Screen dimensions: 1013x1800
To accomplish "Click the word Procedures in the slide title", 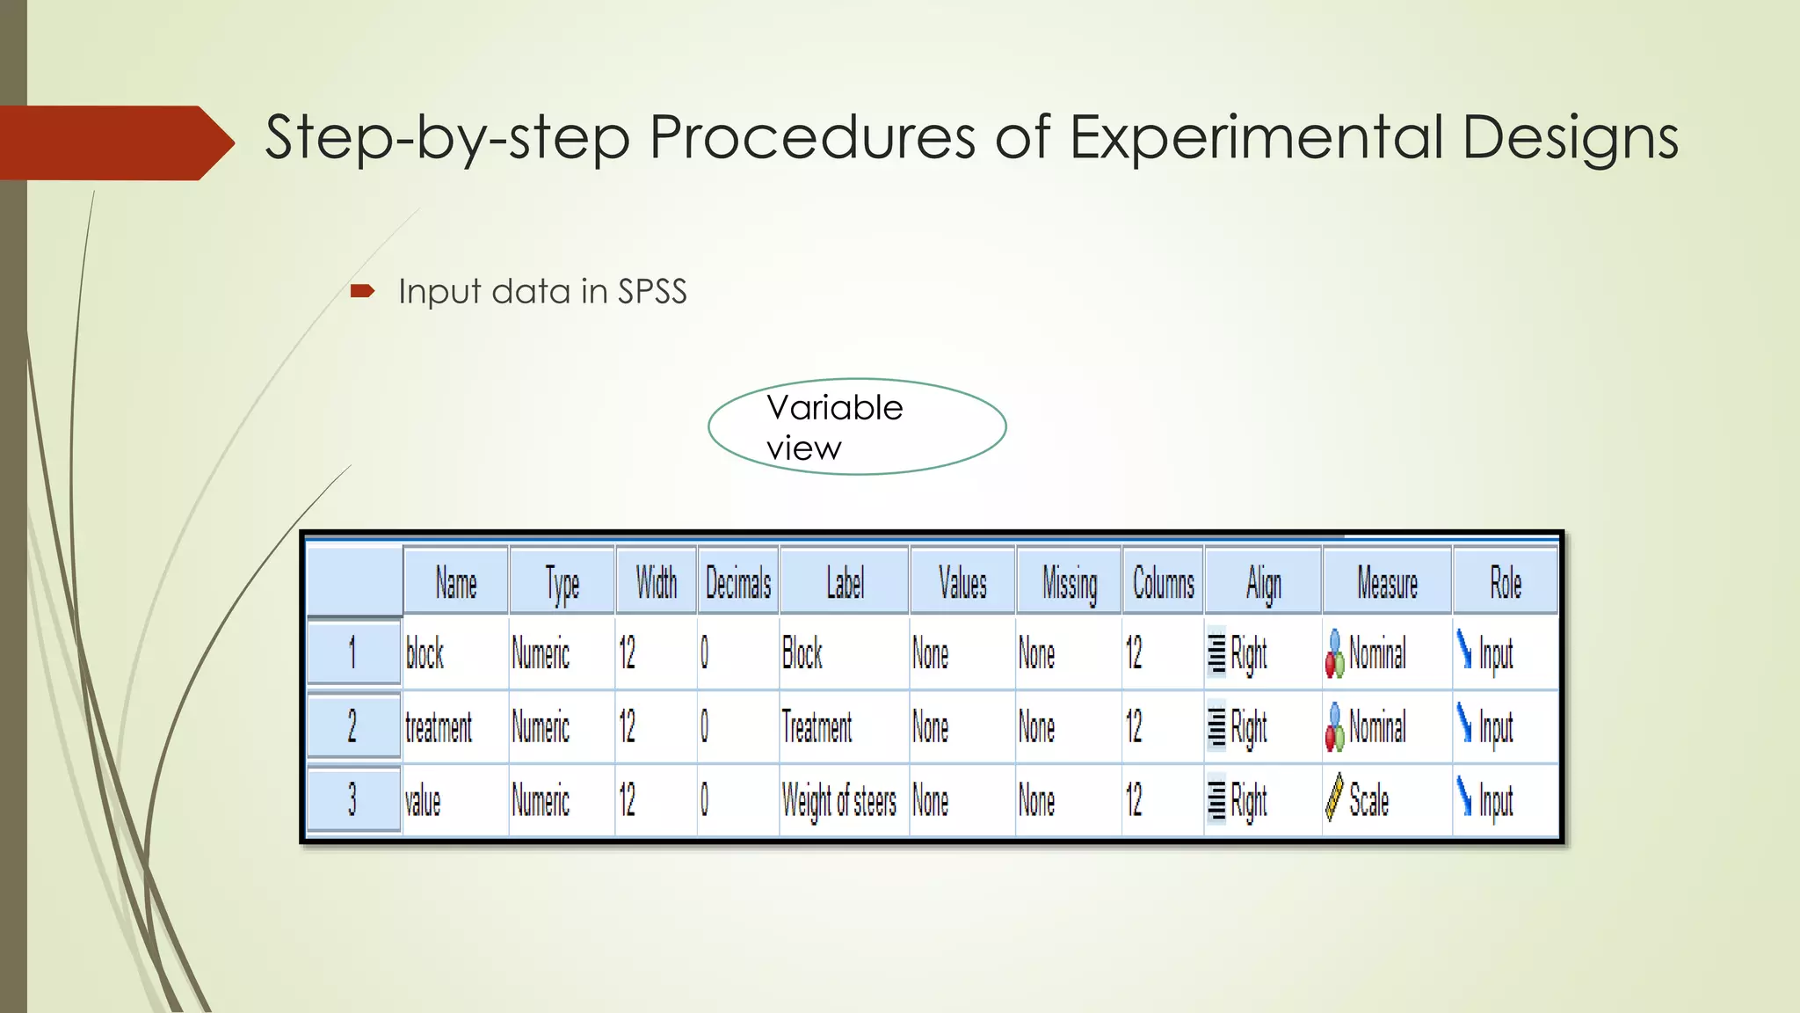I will (811, 138).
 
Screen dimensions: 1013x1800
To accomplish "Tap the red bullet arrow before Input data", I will (362, 291).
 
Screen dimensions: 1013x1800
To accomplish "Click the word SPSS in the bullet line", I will (651, 292).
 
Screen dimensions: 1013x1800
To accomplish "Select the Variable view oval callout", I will (857, 427).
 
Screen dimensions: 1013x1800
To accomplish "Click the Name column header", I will (455, 583).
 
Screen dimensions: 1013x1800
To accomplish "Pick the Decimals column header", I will (737, 583).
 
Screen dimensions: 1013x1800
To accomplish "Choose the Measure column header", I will (1386, 583).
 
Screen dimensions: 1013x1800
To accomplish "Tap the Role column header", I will (1505, 583).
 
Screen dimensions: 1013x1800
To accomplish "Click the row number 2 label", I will (352, 726).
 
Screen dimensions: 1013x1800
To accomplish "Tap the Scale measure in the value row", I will (1368, 801).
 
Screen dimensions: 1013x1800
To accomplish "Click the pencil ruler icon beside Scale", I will (1333, 798).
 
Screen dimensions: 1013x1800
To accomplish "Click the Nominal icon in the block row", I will (1334, 654).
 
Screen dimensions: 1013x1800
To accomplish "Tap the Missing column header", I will (1069, 583).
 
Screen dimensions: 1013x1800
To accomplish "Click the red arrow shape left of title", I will (114, 142).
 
